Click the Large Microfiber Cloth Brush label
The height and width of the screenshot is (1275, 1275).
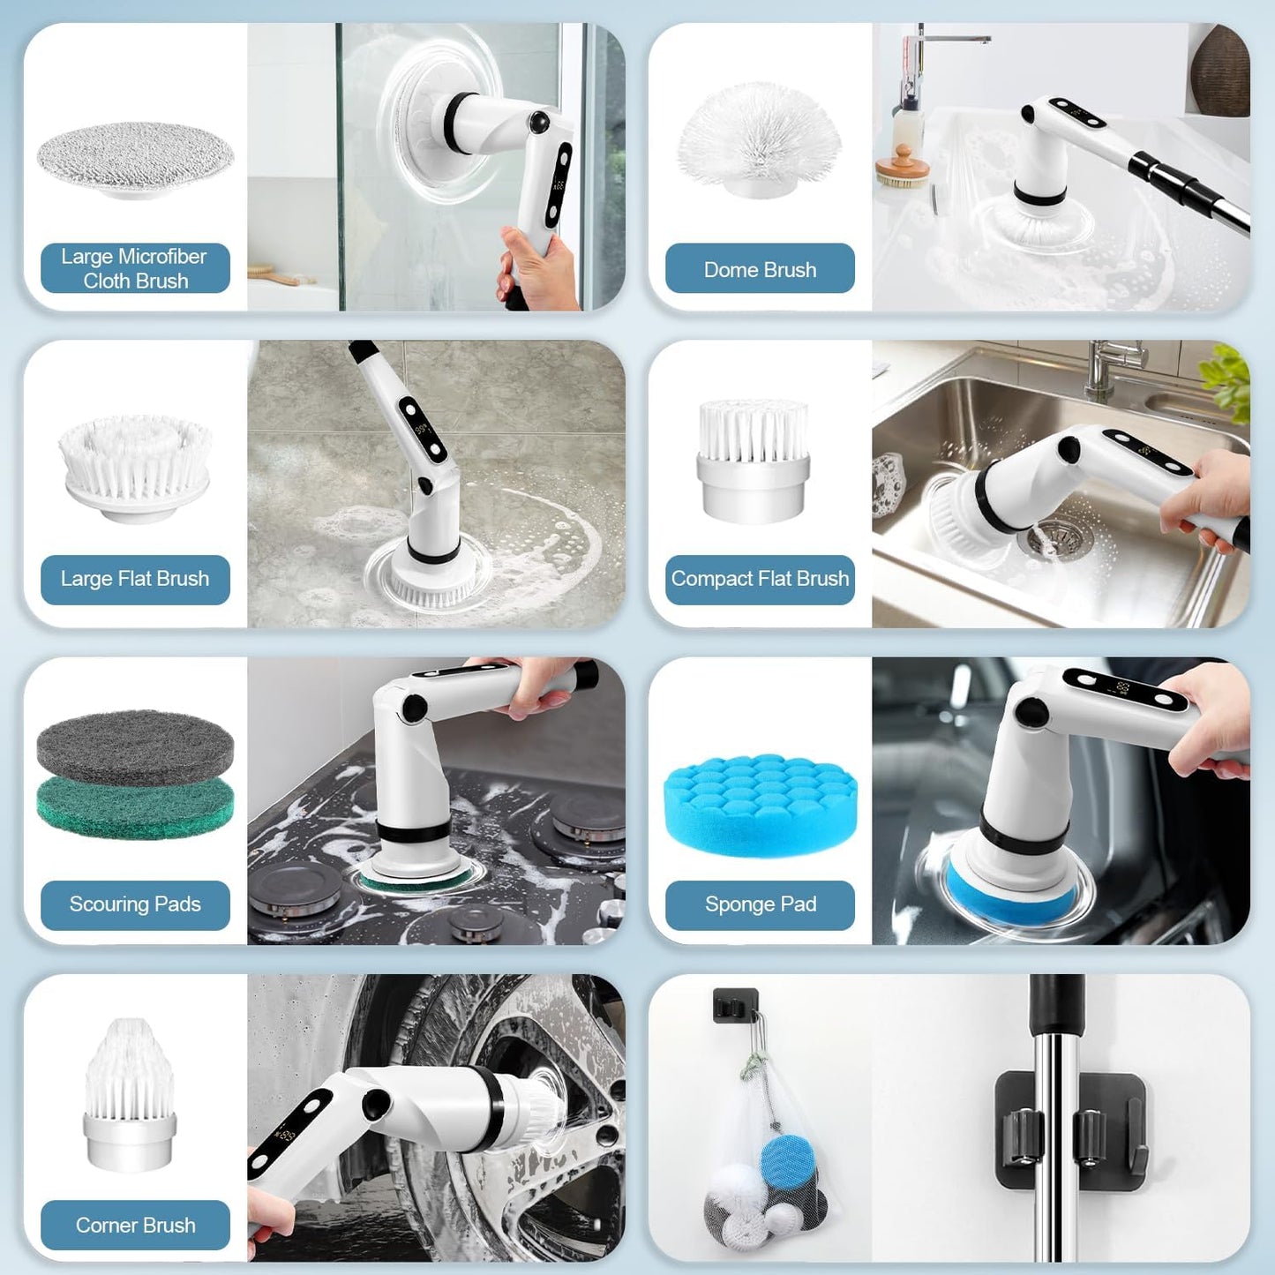pos(135,268)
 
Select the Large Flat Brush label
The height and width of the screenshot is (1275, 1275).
pos(135,579)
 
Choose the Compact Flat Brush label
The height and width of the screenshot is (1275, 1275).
pos(760,579)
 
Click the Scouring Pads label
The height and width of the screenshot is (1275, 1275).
pos(135,904)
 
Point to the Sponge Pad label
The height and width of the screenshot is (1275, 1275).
pos(760,904)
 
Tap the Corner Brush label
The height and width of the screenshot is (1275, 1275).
pos(135,1225)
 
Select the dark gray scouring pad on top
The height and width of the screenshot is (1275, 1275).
pos(135,744)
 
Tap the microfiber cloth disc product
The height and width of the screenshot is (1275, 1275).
pos(135,157)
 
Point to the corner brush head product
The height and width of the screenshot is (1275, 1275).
pos(130,1094)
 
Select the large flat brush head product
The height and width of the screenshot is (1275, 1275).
pos(135,468)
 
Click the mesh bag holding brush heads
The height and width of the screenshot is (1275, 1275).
pos(766,1165)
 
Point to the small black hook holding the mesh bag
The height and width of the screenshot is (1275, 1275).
pos(735,1006)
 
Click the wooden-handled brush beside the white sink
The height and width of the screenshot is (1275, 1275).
pos(902,168)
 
